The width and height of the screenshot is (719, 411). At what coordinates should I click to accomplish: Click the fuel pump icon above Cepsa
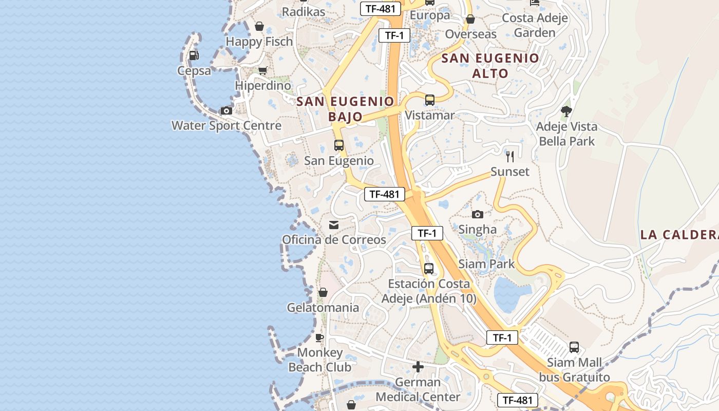coord(194,55)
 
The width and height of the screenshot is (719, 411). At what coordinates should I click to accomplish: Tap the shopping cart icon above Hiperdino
coord(262,70)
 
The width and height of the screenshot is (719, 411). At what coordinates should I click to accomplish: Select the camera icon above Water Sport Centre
coord(226,110)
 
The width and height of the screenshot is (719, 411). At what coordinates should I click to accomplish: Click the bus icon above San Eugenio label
coord(338,145)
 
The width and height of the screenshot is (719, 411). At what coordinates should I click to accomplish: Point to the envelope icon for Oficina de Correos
coord(334,225)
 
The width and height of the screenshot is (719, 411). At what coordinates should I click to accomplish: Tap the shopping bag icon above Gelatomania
coord(323,292)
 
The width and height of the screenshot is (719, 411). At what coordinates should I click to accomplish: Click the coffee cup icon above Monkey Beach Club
coord(319,338)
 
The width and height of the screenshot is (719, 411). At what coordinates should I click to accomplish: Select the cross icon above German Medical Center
coord(418,367)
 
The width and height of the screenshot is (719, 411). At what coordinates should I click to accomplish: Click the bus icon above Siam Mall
coord(574,347)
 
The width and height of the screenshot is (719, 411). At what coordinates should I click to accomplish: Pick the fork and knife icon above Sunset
coord(509,157)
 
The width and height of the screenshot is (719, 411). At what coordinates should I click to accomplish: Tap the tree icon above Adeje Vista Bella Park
coord(566,111)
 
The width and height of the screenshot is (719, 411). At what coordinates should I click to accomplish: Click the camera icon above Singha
coord(477,214)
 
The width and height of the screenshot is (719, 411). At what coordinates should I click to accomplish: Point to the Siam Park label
coord(486,264)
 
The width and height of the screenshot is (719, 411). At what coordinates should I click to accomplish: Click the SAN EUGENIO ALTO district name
coord(490,65)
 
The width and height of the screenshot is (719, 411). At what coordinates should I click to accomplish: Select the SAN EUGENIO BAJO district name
coord(345,108)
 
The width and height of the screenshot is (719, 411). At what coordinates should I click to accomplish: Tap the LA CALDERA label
coord(679,235)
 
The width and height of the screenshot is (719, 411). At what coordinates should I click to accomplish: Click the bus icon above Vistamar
coord(430,100)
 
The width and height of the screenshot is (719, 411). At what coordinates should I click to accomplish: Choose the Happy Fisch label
coord(259,41)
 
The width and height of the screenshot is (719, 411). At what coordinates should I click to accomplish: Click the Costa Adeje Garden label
coord(535,25)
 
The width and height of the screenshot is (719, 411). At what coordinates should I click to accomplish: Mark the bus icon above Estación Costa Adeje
coord(428,268)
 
